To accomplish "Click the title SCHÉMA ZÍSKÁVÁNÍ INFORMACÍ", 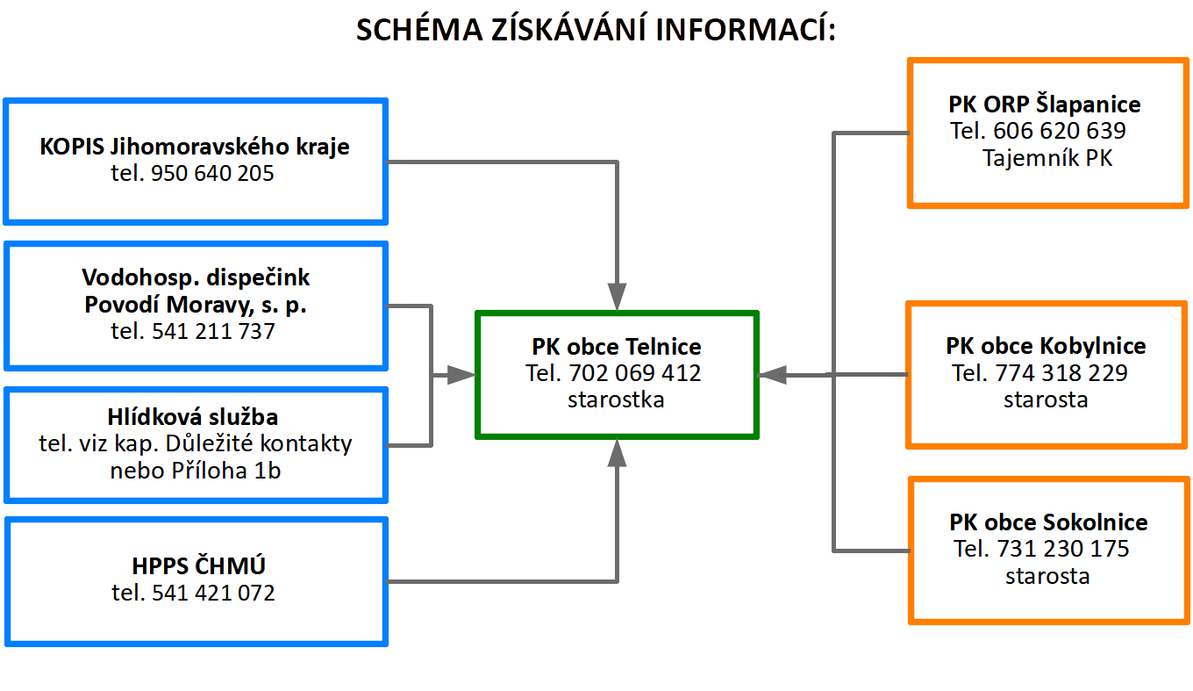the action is coord(596,29).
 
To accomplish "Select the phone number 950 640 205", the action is coord(212,173).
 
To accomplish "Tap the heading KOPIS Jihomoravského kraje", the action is coord(195,147).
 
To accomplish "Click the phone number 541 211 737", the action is coord(213,331).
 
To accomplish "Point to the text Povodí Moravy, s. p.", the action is coord(196,305).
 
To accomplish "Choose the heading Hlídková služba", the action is coord(193,417).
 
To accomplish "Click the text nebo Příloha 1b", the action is coord(195,471).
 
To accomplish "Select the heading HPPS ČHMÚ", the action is coord(198,566).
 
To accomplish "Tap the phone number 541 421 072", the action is coord(213,593).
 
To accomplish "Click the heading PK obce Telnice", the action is coord(616,347).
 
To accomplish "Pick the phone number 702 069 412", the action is coord(635,373).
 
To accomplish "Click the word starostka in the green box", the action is coord(616,399).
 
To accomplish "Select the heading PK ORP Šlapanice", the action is coord(1045,104).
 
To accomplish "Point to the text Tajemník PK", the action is coord(1047,158).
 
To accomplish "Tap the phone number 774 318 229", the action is coord(1061,373).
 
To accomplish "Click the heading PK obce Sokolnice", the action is coord(1048,522).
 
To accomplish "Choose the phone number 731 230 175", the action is coord(1063,549).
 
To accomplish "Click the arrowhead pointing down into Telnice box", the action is coord(617,297).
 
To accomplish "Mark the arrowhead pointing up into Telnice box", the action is coord(617,453).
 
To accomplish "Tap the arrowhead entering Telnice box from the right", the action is coord(772,375).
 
